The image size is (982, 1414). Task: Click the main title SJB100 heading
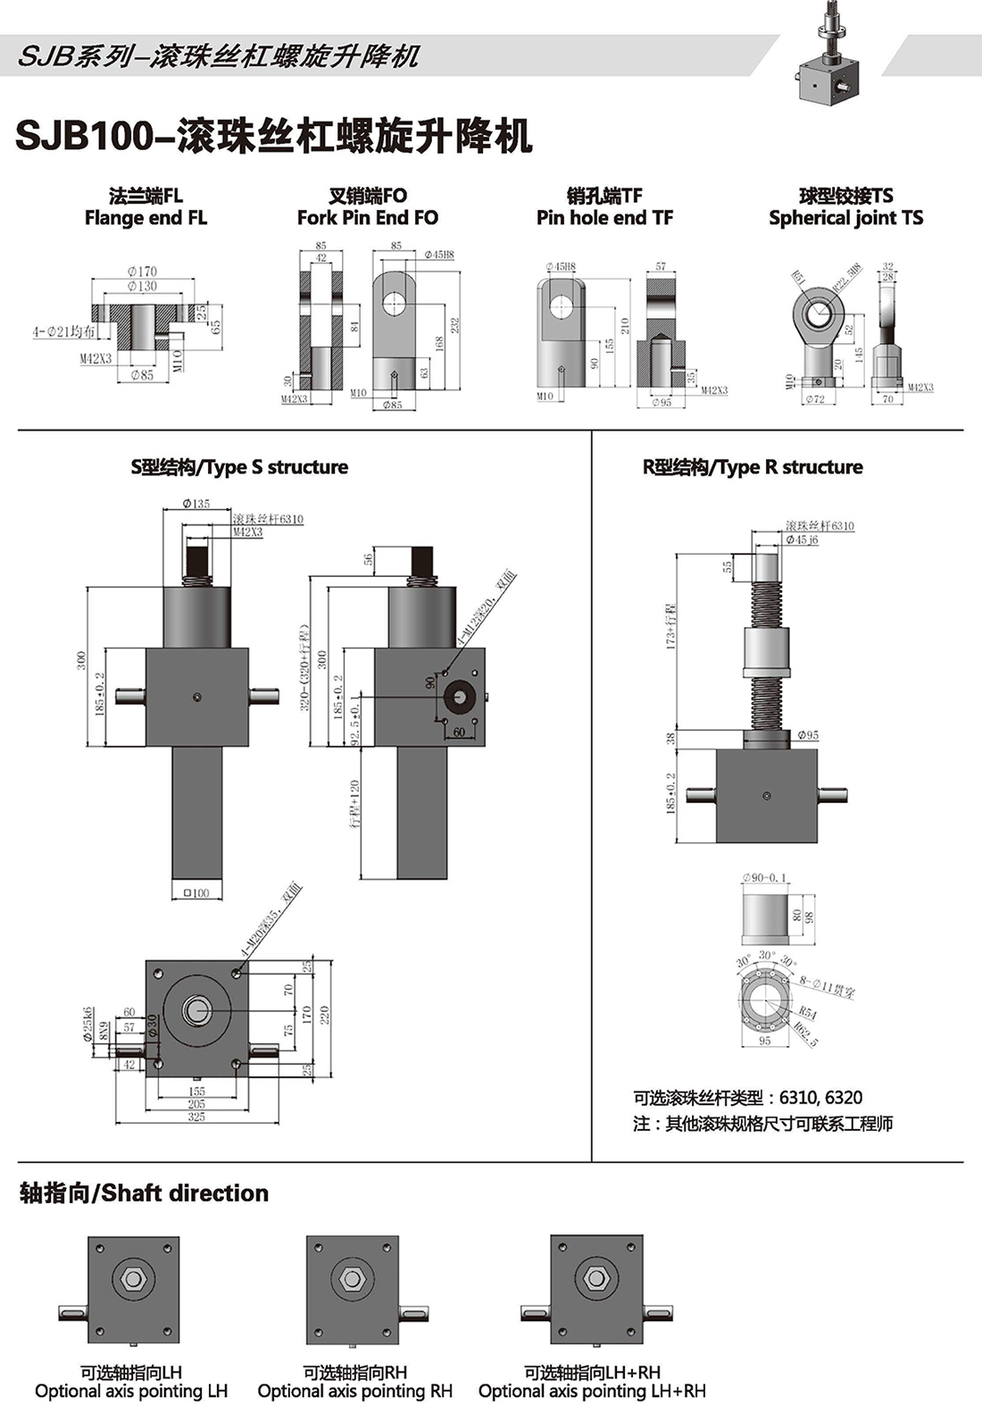coord(274,136)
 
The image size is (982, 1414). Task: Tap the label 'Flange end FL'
coord(146,218)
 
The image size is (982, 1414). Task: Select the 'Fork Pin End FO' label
coord(368,218)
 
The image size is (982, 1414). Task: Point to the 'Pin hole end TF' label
coord(604,218)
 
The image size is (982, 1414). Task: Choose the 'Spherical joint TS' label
coord(845,218)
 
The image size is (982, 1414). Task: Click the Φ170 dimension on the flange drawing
coord(142,271)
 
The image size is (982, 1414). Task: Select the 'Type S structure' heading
coord(239,466)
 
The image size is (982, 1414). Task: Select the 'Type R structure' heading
coord(753,466)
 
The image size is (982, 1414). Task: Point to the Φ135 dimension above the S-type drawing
coord(196,504)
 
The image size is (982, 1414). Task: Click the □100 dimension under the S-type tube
coord(196,892)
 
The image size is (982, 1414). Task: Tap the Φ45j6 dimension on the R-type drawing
coord(803,540)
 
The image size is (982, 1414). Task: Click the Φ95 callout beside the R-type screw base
coord(807,735)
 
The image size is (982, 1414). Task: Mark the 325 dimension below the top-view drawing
coord(196,1117)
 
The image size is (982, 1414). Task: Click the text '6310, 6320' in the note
coord(820,1097)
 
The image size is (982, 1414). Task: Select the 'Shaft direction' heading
coord(144,1193)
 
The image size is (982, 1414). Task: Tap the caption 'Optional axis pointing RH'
coord(354,1392)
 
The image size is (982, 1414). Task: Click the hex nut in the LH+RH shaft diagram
coord(595,1279)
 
